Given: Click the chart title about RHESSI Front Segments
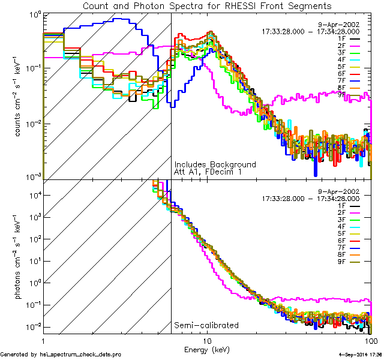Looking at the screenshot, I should [x=207, y=5].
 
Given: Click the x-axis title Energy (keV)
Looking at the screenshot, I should [x=207, y=349].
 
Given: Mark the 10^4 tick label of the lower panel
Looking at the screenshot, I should [x=34, y=194].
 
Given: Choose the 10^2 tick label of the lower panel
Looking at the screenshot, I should [x=34, y=239].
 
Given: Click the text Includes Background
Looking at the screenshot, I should [x=215, y=164].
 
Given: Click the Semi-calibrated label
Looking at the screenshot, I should [x=206, y=325].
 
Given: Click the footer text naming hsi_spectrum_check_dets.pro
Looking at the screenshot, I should [x=61, y=355].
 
